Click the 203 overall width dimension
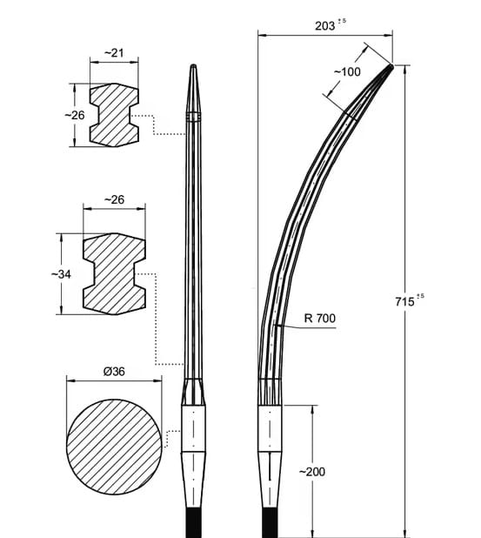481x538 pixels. pos(325,26)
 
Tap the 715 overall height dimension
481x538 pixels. pos(404,301)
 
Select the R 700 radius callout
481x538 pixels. pos(320,318)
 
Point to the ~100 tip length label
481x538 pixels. pos(347,71)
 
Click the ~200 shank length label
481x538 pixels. pos(312,472)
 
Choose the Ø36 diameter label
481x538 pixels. pos(114,371)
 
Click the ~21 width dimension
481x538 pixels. pos(114,53)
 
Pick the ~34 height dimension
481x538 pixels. pos(61,274)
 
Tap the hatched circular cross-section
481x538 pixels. pos(114,447)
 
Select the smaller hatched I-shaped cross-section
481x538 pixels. pos(114,115)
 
